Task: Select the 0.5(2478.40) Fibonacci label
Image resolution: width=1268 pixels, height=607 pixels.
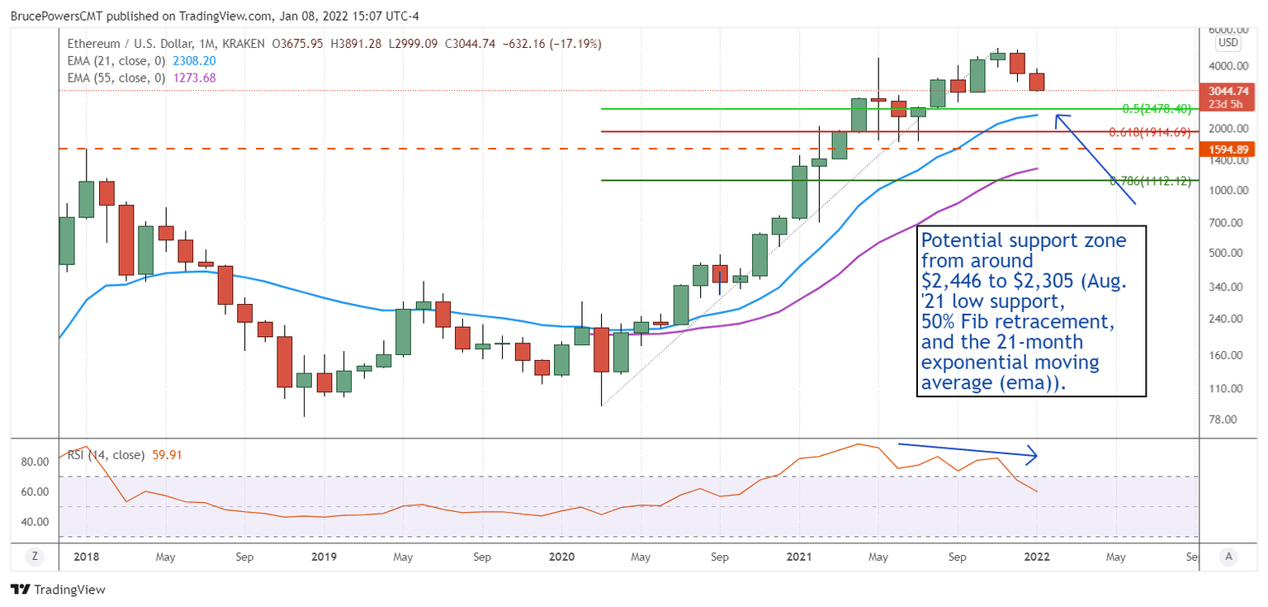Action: point(1156,109)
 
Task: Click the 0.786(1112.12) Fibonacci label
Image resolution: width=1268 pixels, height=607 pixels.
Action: point(1151,181)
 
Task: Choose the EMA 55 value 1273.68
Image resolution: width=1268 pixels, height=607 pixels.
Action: point(193,78)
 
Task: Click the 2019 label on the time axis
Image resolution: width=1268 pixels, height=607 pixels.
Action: point(324,557)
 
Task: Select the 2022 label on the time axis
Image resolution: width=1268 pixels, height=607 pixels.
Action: point(1036,557)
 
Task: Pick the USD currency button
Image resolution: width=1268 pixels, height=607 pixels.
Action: point(1228,43)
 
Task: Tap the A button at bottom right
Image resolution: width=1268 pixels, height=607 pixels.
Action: point(1228,557)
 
